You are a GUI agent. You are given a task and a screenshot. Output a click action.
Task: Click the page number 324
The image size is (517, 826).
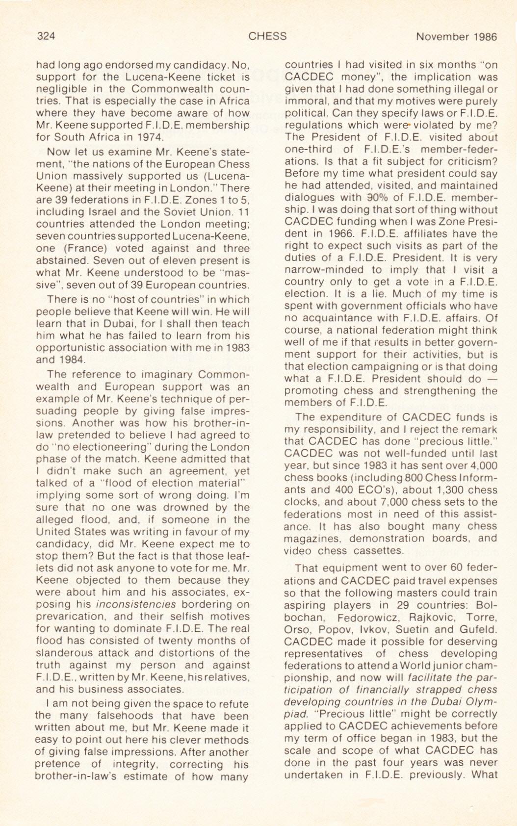click(46, 36)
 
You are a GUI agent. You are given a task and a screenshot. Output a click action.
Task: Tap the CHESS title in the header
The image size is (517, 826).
click(267, 36)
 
